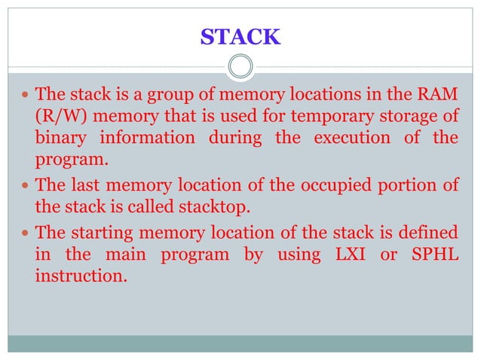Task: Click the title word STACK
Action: coord(240,36)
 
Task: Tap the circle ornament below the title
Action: coord(240,67)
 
